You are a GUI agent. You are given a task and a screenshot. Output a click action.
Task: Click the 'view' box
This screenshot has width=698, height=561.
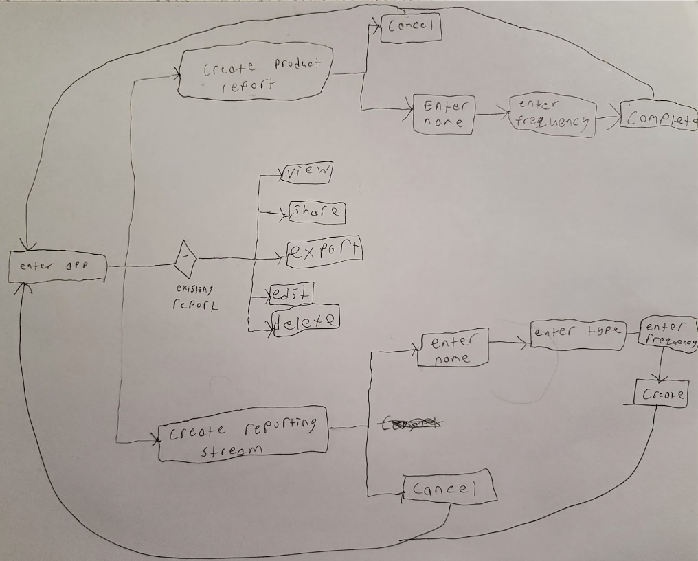tap(306, 173)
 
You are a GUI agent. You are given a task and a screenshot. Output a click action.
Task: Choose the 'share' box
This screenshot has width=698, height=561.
tap(316, 212)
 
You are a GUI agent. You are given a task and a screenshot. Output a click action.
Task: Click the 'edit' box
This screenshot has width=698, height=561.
tap(292, 294)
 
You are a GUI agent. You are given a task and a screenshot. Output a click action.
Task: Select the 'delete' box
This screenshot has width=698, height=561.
tap(306, 320)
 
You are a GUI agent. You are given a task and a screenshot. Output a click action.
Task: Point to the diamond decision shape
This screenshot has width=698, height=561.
tap(185, 258)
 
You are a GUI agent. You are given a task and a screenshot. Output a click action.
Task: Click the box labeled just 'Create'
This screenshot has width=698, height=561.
tap(661, 395)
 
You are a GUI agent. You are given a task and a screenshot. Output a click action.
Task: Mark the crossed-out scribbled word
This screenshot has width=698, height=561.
tap(409, 426)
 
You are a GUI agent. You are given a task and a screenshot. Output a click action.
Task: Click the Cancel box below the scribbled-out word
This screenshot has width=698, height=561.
tap(449, 488)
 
